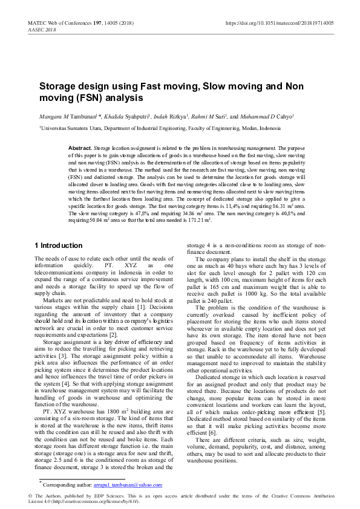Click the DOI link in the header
click(279, 23)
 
